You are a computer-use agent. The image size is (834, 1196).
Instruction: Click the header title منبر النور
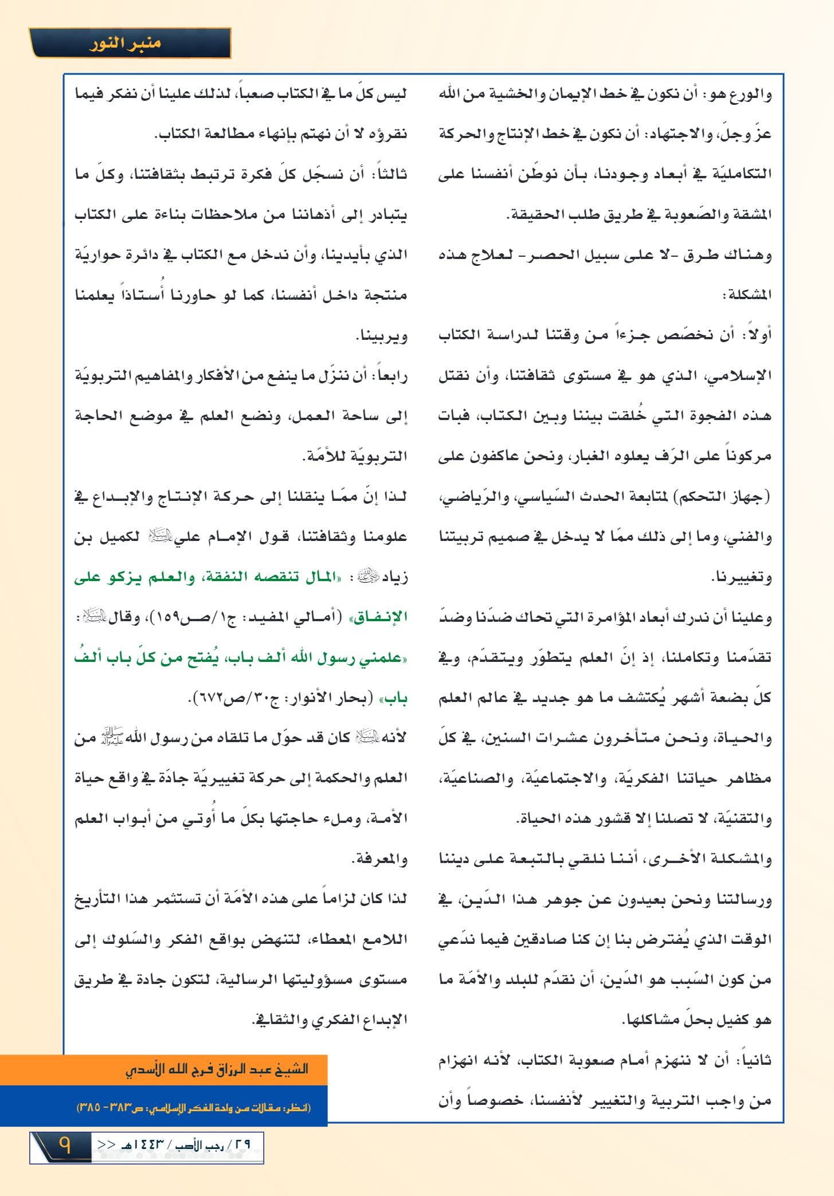(x=124, y=44)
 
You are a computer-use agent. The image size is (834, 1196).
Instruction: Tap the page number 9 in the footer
(x=64, y=1145)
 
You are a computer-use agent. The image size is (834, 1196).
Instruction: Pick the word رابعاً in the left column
(x=391, y=375)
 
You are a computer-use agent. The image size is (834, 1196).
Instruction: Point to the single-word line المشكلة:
(x=747, y=295)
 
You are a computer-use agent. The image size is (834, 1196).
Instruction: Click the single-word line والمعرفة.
(x=379, y=859)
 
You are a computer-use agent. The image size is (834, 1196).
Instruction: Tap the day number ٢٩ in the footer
(x=243, y=1145)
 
